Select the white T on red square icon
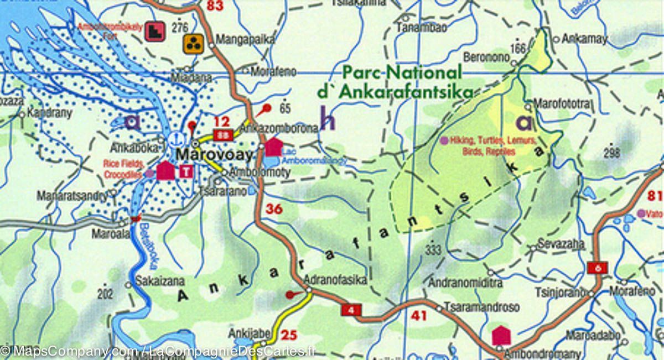pyautogui.click(x=186, y=171)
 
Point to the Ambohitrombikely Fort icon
pyautogui.click(x=154, y=31)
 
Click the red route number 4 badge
pyautogui.click(x=351, y=311)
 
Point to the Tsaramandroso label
pyautogui.click(x=483, y=307)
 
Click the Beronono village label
pyautogui.click(x=486, y=58)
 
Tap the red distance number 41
pyautogui.click(x=419, y=316)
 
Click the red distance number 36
pyautogui.click(x=274, y=209)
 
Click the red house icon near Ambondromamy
pyautogui.click(x=500, y=335)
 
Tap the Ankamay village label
pyautogui.click(x=584, y=39)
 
